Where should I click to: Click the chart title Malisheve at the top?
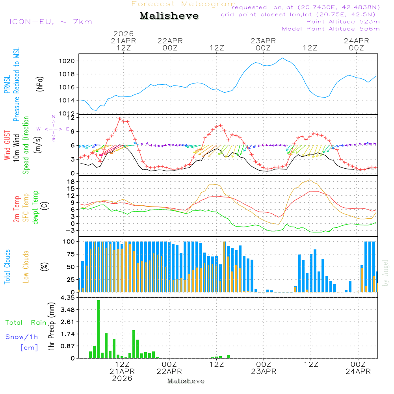coord(169,16)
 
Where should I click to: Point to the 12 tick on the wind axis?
coord(71,117)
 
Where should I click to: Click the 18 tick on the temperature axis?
coord(71,182)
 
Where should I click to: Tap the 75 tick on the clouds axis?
coord(71,254)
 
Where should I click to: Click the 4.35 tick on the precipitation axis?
coord(68,298)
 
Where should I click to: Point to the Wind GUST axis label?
coord(7,146)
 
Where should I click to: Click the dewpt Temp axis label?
coord(35,208)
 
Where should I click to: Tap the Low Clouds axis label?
coord(26,266)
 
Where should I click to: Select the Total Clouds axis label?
coord(7,266)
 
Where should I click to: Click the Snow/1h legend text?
coord(22,337)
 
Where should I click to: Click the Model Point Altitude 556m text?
coord(331,29)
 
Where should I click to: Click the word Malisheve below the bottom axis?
coord(186,381)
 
